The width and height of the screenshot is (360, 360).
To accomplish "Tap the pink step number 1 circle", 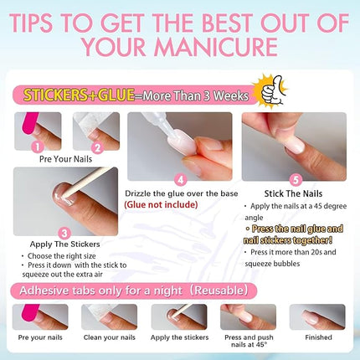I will click(34, 146).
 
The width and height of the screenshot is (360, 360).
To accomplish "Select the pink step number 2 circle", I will click(95, 147).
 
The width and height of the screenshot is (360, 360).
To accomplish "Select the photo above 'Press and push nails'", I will click(248, 317).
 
